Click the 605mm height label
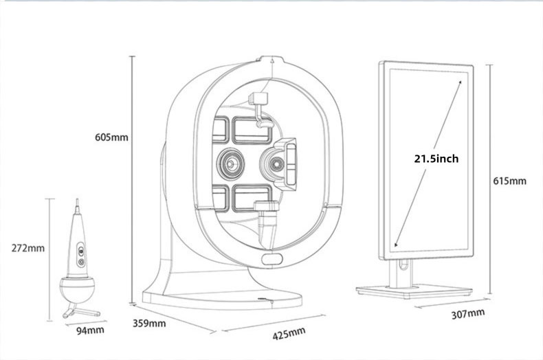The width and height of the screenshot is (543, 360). click(111, 137)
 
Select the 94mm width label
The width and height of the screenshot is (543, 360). click(89, 330)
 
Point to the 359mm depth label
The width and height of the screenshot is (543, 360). click(148, 322)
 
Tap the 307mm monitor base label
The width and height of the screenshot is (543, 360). click(468, 314)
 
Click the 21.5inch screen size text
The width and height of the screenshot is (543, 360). click(436, 159)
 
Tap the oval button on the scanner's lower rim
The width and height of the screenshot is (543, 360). click(272, 259)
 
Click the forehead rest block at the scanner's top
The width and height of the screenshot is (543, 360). click(259, 99)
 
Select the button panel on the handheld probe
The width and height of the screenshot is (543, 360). click(80, 254)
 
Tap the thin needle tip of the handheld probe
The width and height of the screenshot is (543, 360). click(76, 204)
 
